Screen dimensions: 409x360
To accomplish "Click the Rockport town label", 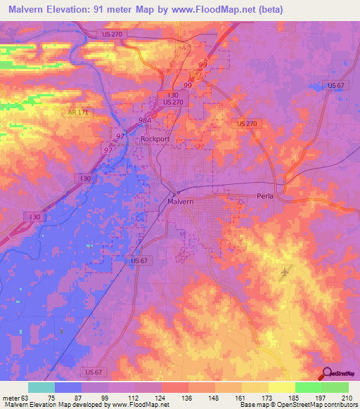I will click(155, 139).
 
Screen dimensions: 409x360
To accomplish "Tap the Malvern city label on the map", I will click(180, 202).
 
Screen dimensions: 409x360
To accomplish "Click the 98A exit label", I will click(146, 120).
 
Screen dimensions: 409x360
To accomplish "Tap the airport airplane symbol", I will click(284, 272).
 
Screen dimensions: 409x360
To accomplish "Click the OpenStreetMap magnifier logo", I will click(328, 374).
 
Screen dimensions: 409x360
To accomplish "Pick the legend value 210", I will click(347, 397).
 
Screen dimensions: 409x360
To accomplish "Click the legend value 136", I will click(188, 397).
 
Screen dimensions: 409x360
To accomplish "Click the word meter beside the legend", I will click(9, 397).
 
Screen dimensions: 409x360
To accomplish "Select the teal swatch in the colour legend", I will click(41, 387).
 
